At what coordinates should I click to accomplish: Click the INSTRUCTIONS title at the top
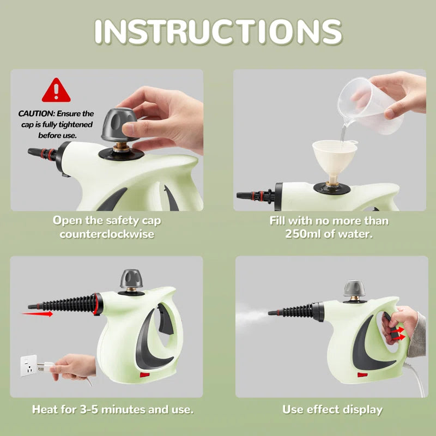pyautogui.click(x=218, y=32)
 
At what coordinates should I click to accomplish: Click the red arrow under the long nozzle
pyautogui.click(x=38, y=313)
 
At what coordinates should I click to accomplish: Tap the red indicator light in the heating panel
pyautogui.click(x=145, y=374)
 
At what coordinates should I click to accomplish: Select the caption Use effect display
pyautogui.click(x=332, y=409)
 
